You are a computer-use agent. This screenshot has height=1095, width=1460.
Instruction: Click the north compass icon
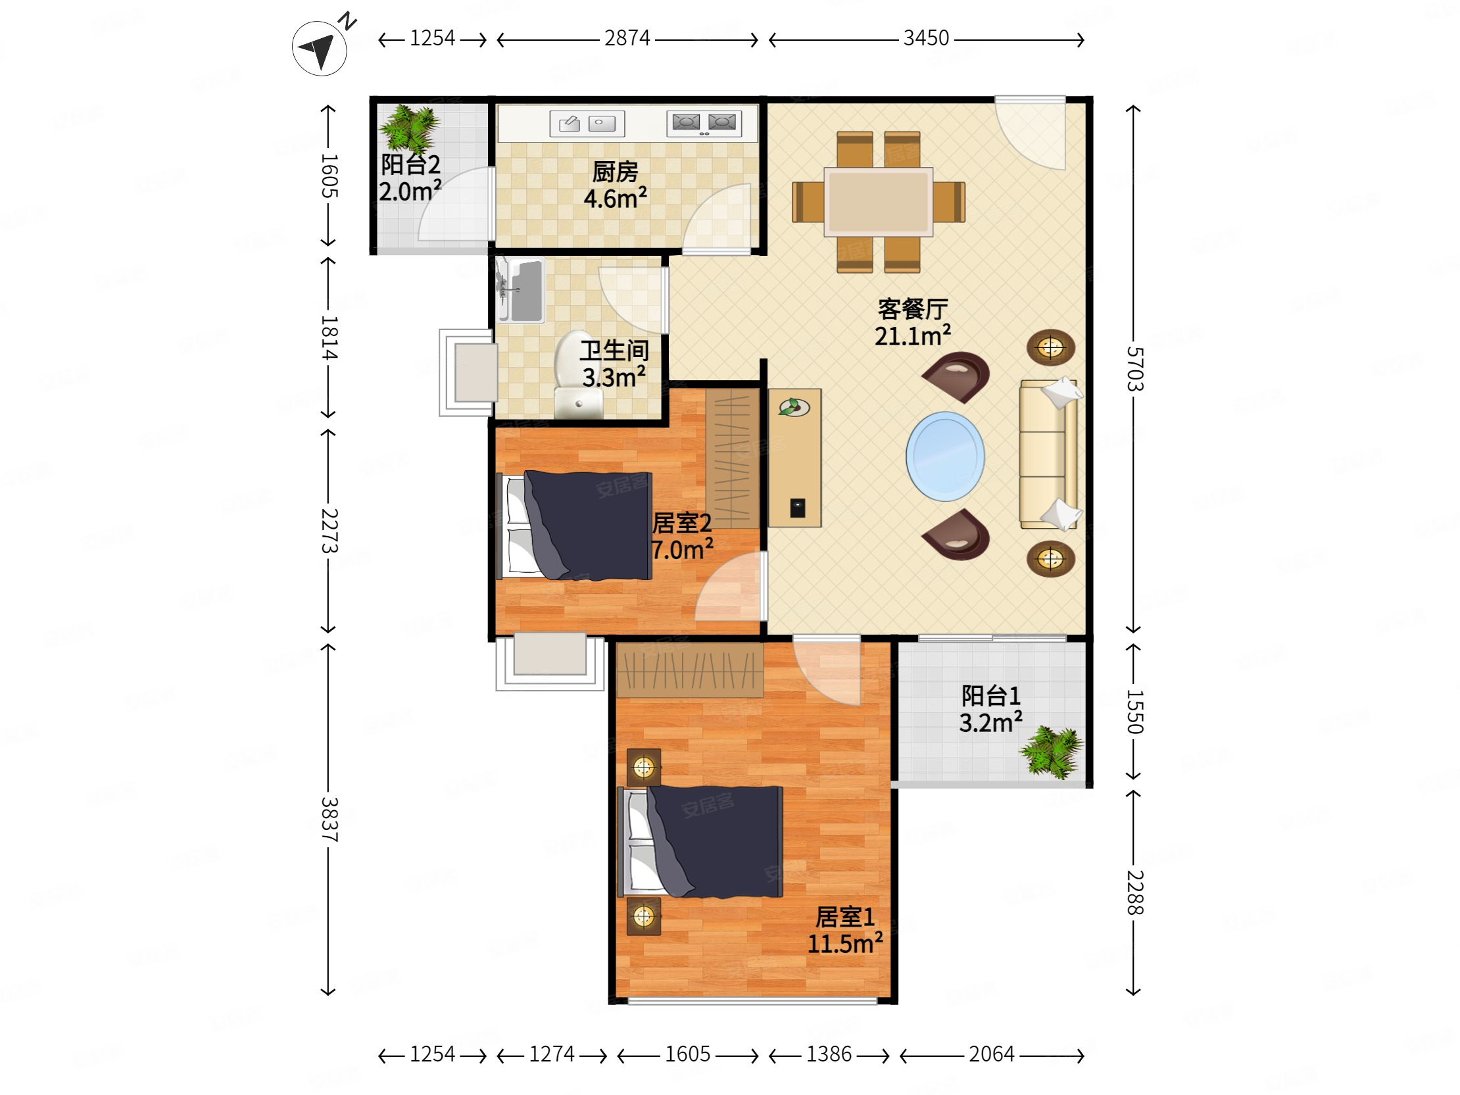[x=320, y=47]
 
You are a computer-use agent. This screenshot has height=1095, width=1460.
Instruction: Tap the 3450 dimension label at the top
[x=926, y=38]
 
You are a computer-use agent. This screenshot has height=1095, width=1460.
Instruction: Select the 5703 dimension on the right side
[x=1134, y=368]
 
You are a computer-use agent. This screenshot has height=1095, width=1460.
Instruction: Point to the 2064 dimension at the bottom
[x=991, y=1054]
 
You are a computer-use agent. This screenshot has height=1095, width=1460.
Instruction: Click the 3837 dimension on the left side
[x=329, y=819]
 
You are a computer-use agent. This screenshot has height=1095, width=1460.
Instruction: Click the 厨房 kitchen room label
[x=615, y=172]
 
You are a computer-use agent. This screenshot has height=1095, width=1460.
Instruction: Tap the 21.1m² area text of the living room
[x=912, y=336]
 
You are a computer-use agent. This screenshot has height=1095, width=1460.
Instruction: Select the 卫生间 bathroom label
[x=614, y=351]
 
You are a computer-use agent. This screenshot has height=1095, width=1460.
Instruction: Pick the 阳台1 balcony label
[x=990, y=696]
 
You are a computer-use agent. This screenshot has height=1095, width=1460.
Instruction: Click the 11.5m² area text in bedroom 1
[x=845, y=944]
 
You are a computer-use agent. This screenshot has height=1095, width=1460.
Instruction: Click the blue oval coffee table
[x=945, y=456]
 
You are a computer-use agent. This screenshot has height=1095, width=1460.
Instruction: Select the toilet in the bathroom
[x=579, y=375]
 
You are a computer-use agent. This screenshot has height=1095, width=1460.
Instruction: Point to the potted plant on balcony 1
[x=1052, y=752]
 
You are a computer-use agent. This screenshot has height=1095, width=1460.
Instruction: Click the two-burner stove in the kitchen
[x=704, y=124]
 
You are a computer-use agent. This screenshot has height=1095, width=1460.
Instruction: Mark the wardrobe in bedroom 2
[x=732, y=459]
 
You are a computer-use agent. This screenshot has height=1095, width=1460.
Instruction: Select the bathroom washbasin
[x=521, y=291]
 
